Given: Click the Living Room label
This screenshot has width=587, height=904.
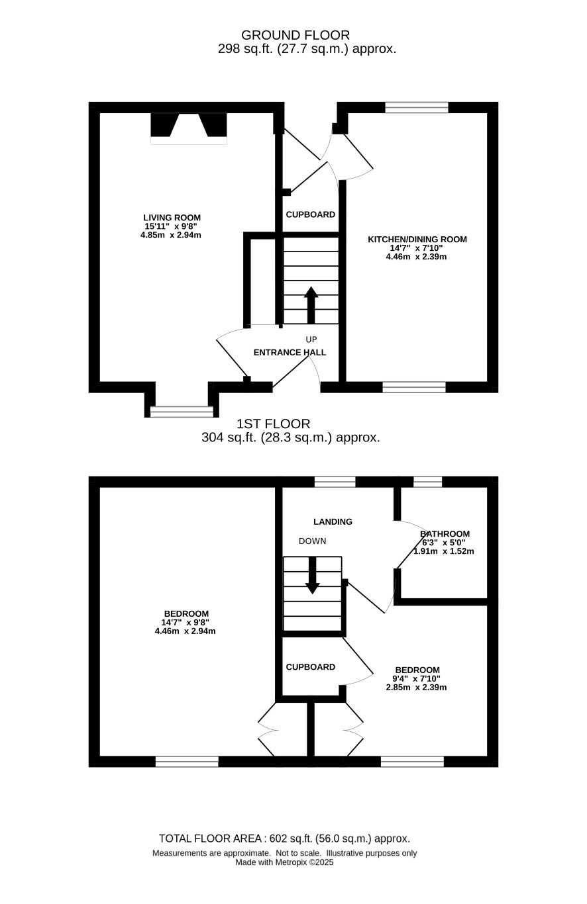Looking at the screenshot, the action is click(172, 218).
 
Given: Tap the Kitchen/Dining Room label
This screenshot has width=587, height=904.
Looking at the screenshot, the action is click(417, 240).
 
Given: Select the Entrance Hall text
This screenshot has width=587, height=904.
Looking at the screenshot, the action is click(290, 352).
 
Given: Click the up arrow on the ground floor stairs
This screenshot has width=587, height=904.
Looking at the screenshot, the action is click(311, 304).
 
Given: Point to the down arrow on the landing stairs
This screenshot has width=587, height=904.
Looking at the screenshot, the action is click(312, 575).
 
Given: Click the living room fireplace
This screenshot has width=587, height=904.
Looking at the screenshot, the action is click(189, 128).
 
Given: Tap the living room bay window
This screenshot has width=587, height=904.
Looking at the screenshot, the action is click(182, 411).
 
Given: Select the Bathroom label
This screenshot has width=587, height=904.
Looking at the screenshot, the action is click(445, 534).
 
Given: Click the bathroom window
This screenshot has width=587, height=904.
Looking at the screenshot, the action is click(428, 482).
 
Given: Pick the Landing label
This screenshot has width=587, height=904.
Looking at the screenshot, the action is click(333, 521).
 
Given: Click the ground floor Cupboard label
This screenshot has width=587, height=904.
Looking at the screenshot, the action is click(311, 214).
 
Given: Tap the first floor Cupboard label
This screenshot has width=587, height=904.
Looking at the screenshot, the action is click(311, 667).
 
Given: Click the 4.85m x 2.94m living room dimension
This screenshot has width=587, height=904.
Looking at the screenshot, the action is click(171, 235).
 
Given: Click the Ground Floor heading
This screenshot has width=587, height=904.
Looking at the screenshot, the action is click(295, 35).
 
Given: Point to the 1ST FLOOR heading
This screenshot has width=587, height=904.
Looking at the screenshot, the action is click(273, 424).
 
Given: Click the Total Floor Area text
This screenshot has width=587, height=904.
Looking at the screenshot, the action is click(284, 838).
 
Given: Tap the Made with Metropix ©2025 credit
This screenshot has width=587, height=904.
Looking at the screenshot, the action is click(284, 862).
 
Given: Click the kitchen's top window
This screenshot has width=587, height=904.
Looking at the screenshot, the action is click(417, 107).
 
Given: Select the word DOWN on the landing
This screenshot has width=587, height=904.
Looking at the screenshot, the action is click(312, 541).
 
